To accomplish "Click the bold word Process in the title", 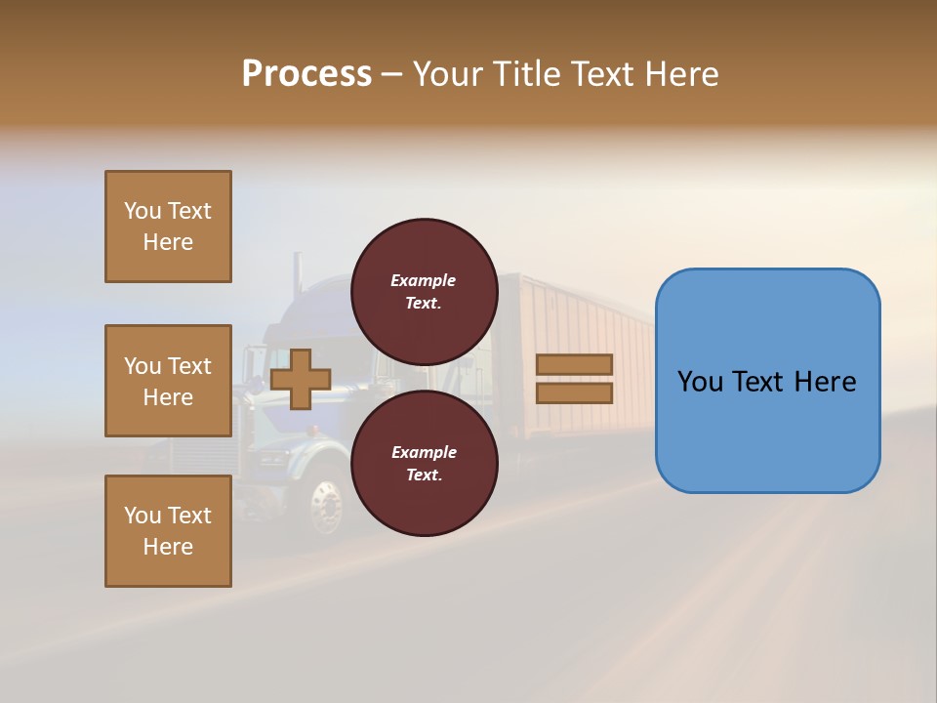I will coord(306,74).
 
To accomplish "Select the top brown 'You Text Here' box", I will coord(168,227).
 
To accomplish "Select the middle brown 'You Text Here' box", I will coord(168,381).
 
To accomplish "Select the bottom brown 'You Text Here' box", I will coord(168,531).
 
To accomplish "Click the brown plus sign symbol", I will coord(301,379).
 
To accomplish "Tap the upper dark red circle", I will coord(424,291).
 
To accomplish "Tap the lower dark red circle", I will coord(424,463).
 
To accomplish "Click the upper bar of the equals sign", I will coord(574,365).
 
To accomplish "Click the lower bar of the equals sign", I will coord(574,393).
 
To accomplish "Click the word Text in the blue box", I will coord(766,382).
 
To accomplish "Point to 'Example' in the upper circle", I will coord(423,280).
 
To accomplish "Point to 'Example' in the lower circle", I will coord(423,452).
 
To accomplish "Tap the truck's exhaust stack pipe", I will coord(296,283).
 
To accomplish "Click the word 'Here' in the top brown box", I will coord(168,242).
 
